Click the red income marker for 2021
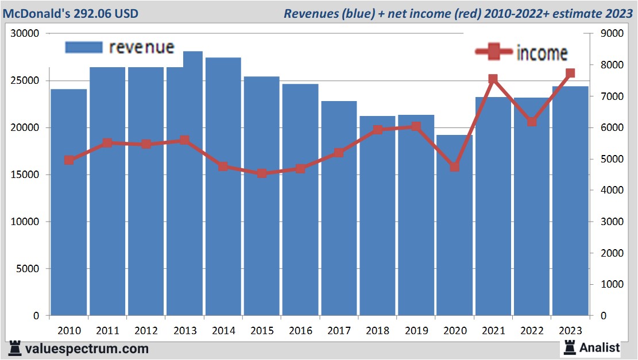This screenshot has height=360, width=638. [493, 79]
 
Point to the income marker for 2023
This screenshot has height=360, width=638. [570, 73]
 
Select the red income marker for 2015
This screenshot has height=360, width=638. [262, 173]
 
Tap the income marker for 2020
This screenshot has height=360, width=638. [455, 167]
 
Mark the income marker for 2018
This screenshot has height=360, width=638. [377, 130]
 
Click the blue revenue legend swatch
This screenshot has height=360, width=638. [84, 47]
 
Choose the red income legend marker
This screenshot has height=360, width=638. [494, 52]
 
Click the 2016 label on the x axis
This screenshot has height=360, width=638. [300, 331]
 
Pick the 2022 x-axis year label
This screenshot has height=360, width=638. [532, 331]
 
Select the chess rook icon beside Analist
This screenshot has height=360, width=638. [570, 347]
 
